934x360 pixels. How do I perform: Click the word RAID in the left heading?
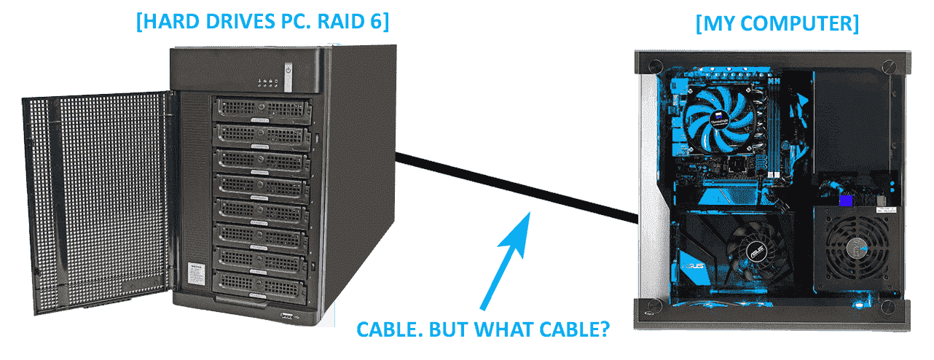pos(342,21)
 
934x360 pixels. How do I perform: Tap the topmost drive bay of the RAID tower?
pos(259,109)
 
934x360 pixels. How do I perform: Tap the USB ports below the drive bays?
pos(286,315)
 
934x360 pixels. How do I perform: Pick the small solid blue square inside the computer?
pos(846,200)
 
